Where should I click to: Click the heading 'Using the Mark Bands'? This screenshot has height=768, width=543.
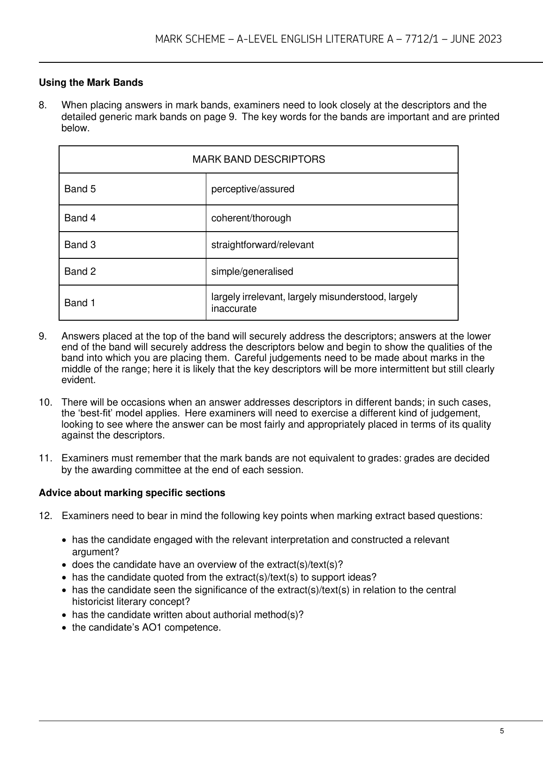(x=91, y=83)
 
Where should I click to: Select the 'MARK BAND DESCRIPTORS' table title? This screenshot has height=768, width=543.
(x=258, y=159)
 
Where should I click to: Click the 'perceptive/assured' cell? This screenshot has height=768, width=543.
(x=253, y=189)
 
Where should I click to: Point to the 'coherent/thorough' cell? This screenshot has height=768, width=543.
(x=251, y=218)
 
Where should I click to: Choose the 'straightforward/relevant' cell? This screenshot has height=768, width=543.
(x=263, y=245)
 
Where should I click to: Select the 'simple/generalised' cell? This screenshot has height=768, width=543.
(x=252, y=271)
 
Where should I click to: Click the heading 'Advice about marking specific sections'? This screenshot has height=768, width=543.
(x=132, y=493)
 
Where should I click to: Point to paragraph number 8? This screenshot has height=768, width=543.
(x=43, y=105)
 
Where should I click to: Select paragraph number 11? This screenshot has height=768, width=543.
(x=45, y=458)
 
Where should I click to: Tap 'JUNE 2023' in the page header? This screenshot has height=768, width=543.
(x=475, y=39)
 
